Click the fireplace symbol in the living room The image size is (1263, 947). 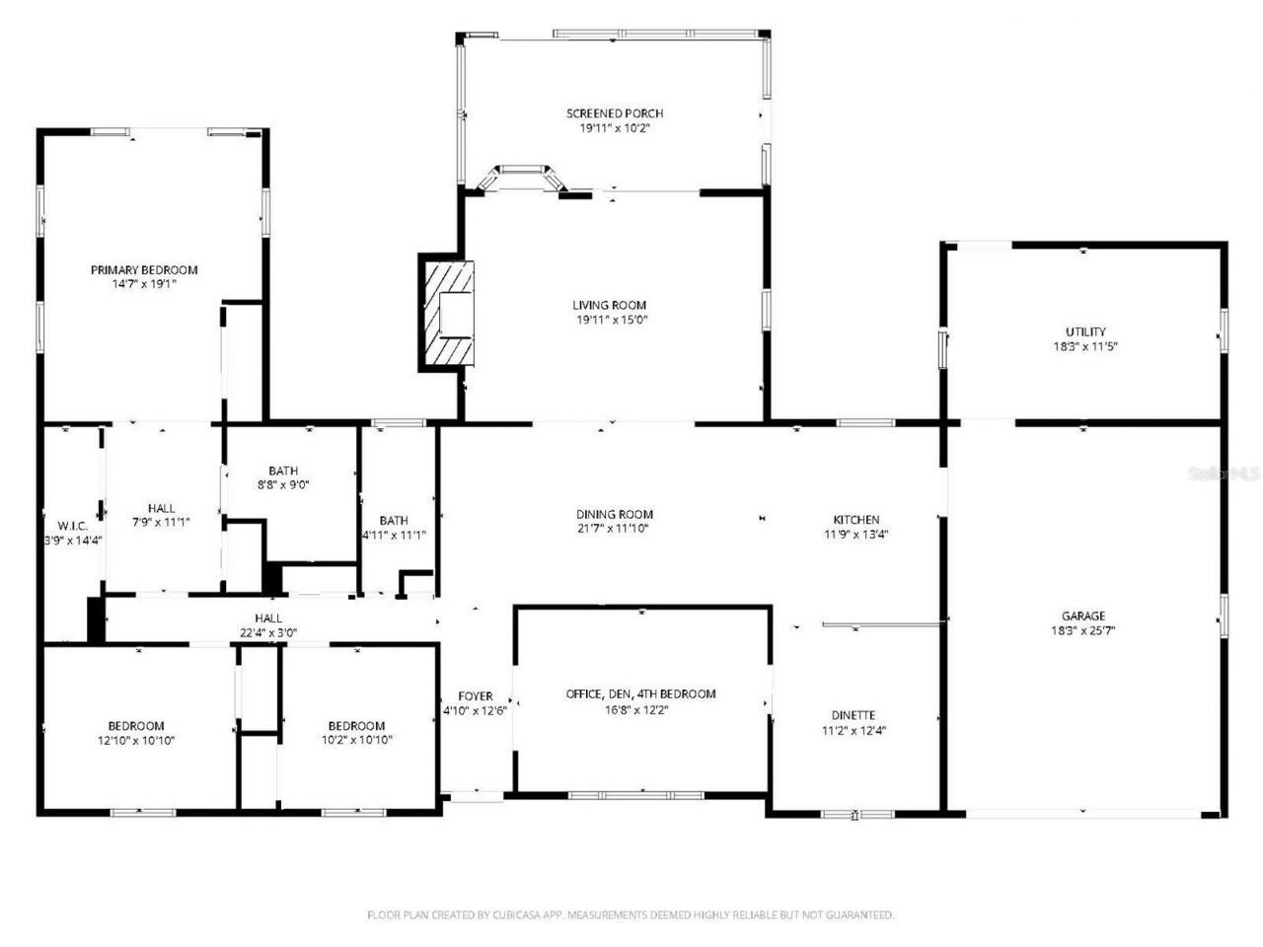click(447, 315)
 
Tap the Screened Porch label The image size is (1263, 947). click(614, 113)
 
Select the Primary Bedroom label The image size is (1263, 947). click(144, 270)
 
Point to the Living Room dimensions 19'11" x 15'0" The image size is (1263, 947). click(610, 320)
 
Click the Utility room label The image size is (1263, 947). click(1084, 332)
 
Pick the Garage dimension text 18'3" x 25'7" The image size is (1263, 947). click(1084, 630)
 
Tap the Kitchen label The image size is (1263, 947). click(855, 520)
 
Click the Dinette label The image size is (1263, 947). click(854, 715)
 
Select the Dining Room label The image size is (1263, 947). click(615, 514)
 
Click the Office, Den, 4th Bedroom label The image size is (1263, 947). click(640, 694)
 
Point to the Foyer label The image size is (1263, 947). click(476, 696)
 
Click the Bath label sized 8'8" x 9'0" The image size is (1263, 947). click(283, 472)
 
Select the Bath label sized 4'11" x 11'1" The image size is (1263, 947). click(394, 521)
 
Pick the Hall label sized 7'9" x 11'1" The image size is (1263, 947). click(162, 509)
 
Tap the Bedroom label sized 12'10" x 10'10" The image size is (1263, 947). click(136, 726)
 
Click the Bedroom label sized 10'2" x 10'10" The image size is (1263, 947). click(356, 726)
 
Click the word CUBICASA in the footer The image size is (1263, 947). click(507, 915)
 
